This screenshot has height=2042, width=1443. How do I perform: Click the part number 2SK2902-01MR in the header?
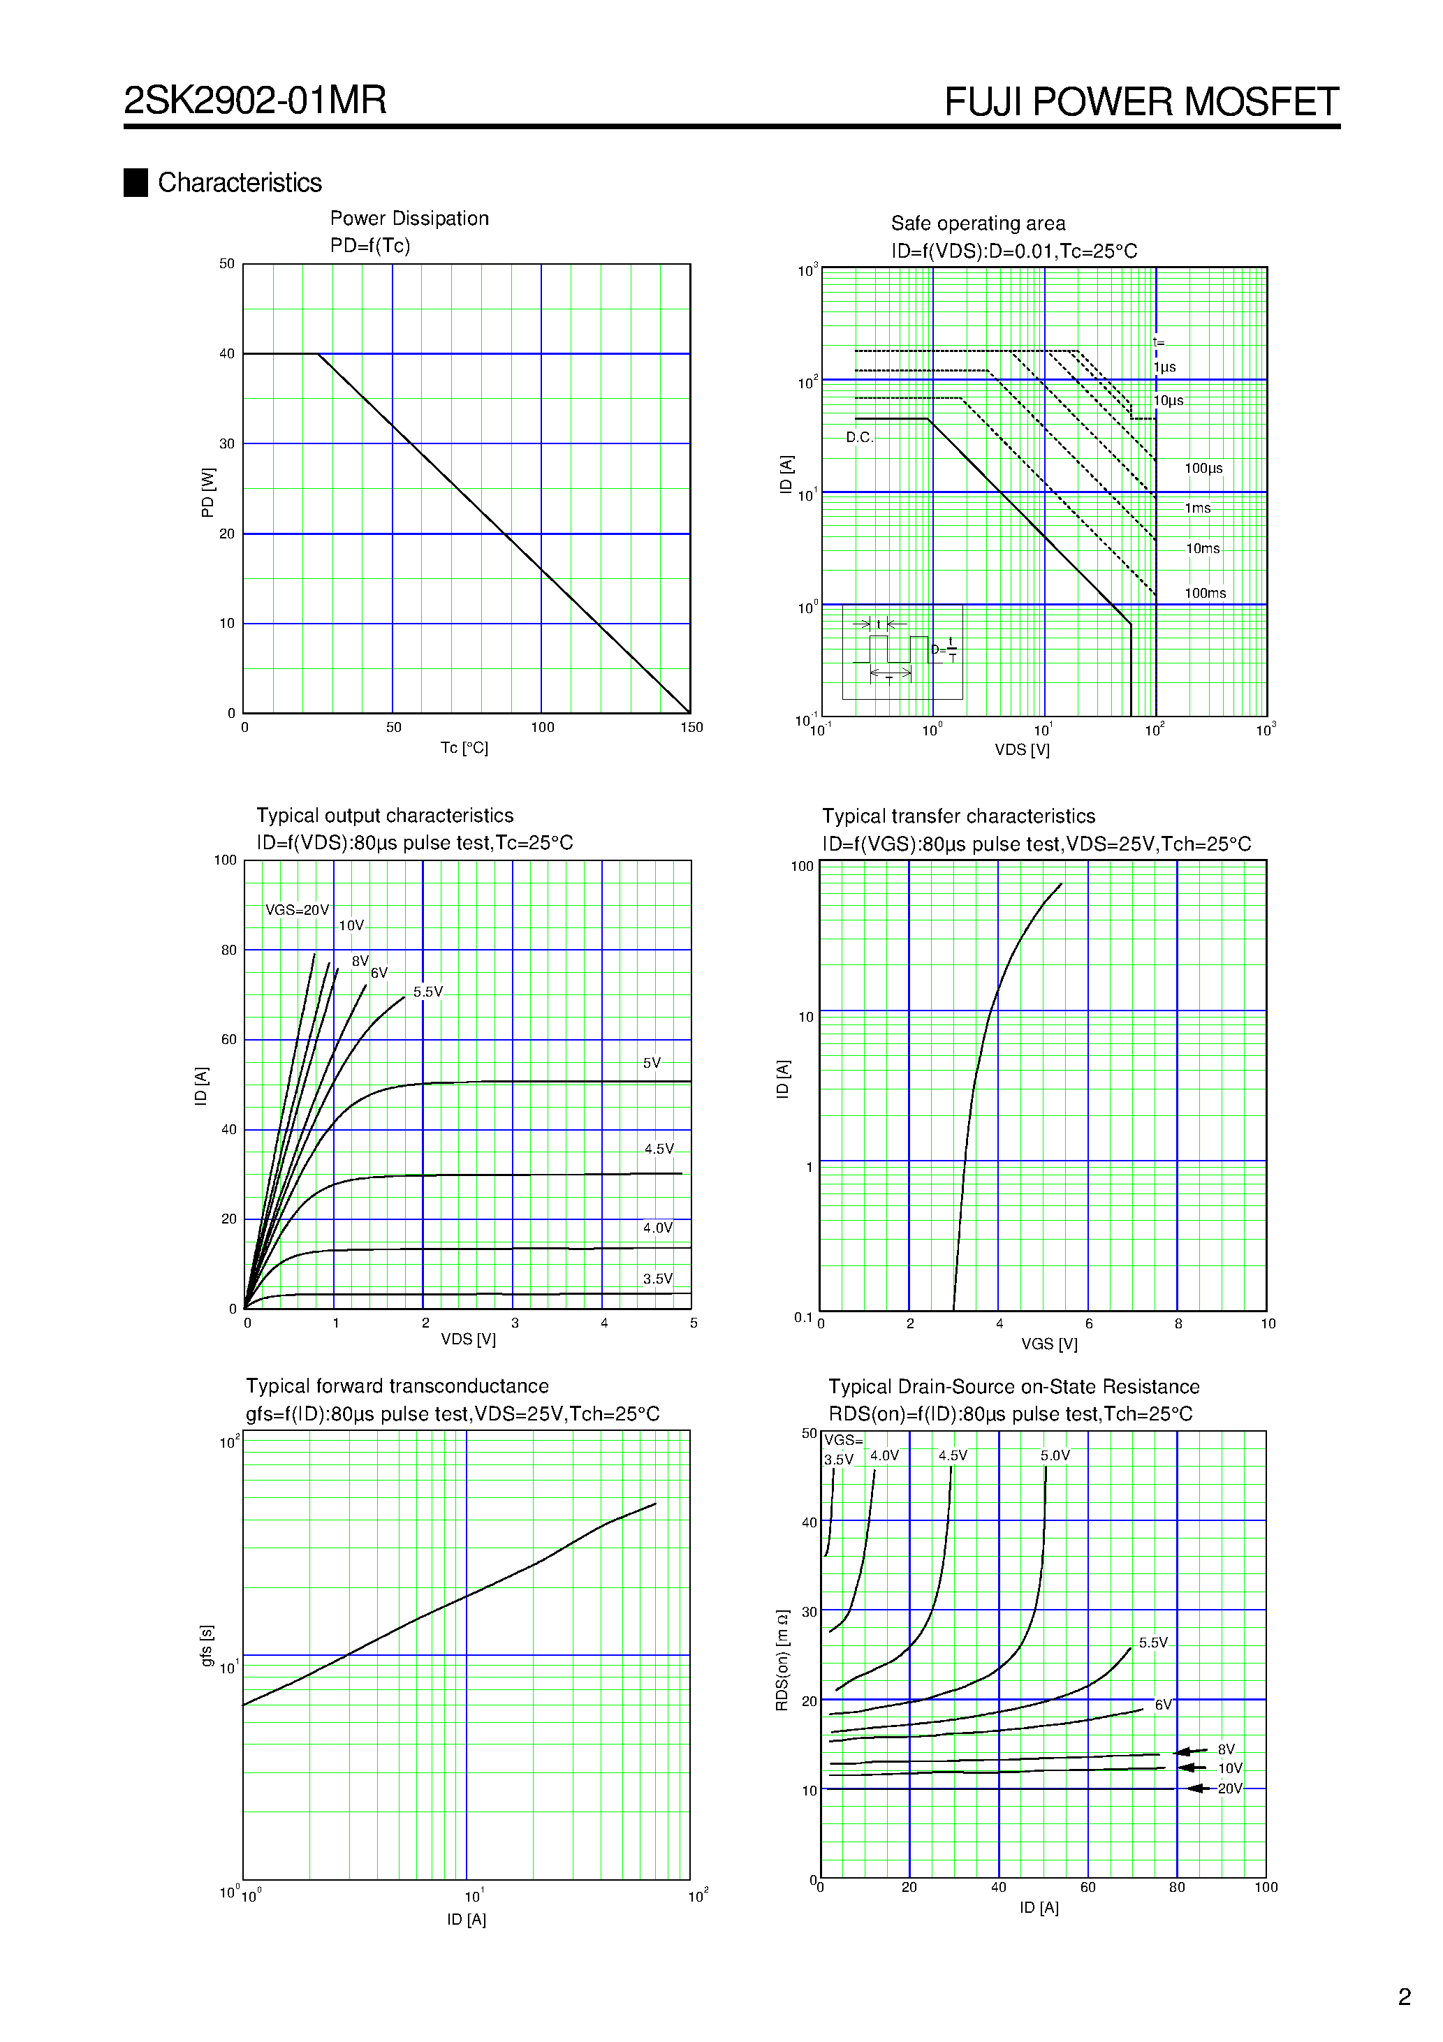pyautogui.click(x=256, y=100)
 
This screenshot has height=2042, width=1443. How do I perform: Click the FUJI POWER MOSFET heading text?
pyautogui.click(x=1141, y=101)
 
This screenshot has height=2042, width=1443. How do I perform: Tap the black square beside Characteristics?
pyautogui.click(x=135, y=182)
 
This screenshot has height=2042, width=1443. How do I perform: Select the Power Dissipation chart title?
pyautogui.click(x=409, y=219)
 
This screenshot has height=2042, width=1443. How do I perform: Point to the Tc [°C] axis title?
pyautogui.click(x=464, y=748)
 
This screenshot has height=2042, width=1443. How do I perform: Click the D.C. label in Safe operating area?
pyautogui.click(x=859, y=438)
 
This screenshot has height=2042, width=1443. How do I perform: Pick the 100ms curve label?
pyautogui.click(x=1205, y=593)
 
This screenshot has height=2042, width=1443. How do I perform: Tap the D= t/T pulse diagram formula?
pyautogui.click(x=945, y=650)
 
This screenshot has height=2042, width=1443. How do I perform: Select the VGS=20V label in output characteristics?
pyautogui.click(x=297, y=911)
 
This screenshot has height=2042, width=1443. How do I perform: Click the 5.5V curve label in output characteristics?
pyautogui.click(x=428, y=992)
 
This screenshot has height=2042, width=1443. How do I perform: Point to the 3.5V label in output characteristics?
pyautogui.click(x=657, y=1279)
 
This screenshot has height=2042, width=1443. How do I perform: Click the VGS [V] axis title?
pyautogui.click(x=1049, y=1344)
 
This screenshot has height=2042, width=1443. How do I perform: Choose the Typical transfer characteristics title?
pyautogui.click(x=958, y=816)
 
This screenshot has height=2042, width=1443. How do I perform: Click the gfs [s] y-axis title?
pyautogui.click(x=207, y=1645)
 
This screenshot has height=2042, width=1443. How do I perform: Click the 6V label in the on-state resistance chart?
pyautogui.click(x=1163, y=1705)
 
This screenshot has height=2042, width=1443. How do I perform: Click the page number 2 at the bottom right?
pyautogui.click(x=1404, y=1997)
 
